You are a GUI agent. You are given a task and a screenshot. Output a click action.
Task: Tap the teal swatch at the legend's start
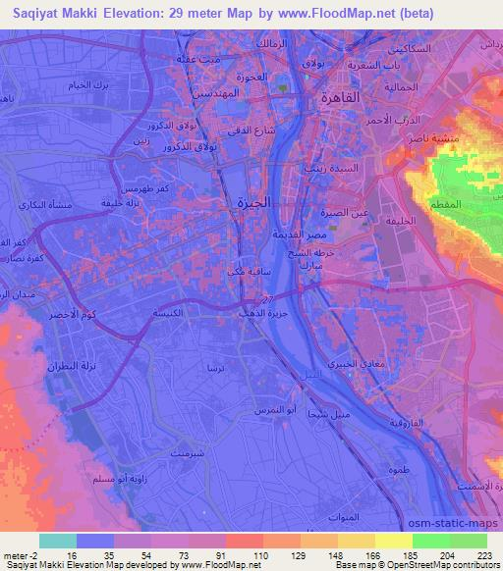tap(57, 541)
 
